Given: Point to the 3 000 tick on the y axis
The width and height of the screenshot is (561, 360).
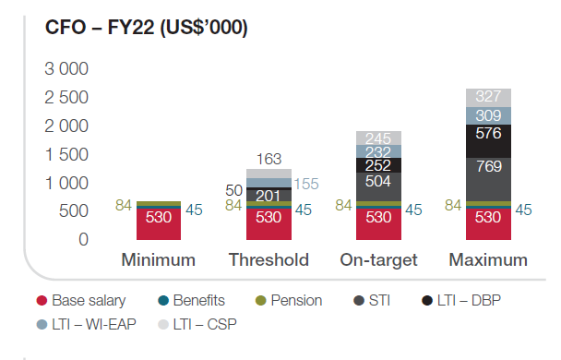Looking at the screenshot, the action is click(66, 68).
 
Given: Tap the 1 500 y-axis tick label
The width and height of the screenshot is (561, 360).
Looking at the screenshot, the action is click(66, 154).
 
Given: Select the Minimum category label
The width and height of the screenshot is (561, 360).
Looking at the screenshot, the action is click(159, 259).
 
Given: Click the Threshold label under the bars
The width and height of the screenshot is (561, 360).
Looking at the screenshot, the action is click(269, 259).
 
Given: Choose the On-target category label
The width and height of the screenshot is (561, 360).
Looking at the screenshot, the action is click(378, 260).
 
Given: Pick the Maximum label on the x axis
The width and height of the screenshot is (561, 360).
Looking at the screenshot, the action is click(488, 259).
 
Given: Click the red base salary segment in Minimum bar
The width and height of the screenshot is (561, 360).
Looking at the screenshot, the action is click(159, 224).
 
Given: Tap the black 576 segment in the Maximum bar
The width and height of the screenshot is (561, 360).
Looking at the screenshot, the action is click(488, 141).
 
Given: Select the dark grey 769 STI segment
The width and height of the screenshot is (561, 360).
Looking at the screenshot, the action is click(488, 179).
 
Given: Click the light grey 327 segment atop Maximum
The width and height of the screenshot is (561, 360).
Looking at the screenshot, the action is click(488, 98).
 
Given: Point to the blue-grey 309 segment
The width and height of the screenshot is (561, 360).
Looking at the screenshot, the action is click(488, 115).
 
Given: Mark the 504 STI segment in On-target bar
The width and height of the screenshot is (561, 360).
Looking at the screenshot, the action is click(378, 186).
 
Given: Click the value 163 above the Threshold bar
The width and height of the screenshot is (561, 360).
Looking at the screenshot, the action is click(269, 159).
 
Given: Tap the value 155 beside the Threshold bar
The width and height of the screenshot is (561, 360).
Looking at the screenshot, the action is click(306, 184).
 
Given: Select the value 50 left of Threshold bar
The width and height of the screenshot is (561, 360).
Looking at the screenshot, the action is click(234, 190).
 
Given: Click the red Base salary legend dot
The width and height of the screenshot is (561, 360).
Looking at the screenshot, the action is click(42, 301).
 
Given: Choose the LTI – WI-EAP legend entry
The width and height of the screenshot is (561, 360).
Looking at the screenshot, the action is click(86, 325).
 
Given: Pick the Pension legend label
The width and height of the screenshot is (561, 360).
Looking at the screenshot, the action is click(296, 301).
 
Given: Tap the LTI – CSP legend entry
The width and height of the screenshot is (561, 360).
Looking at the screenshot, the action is click(197, 325).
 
